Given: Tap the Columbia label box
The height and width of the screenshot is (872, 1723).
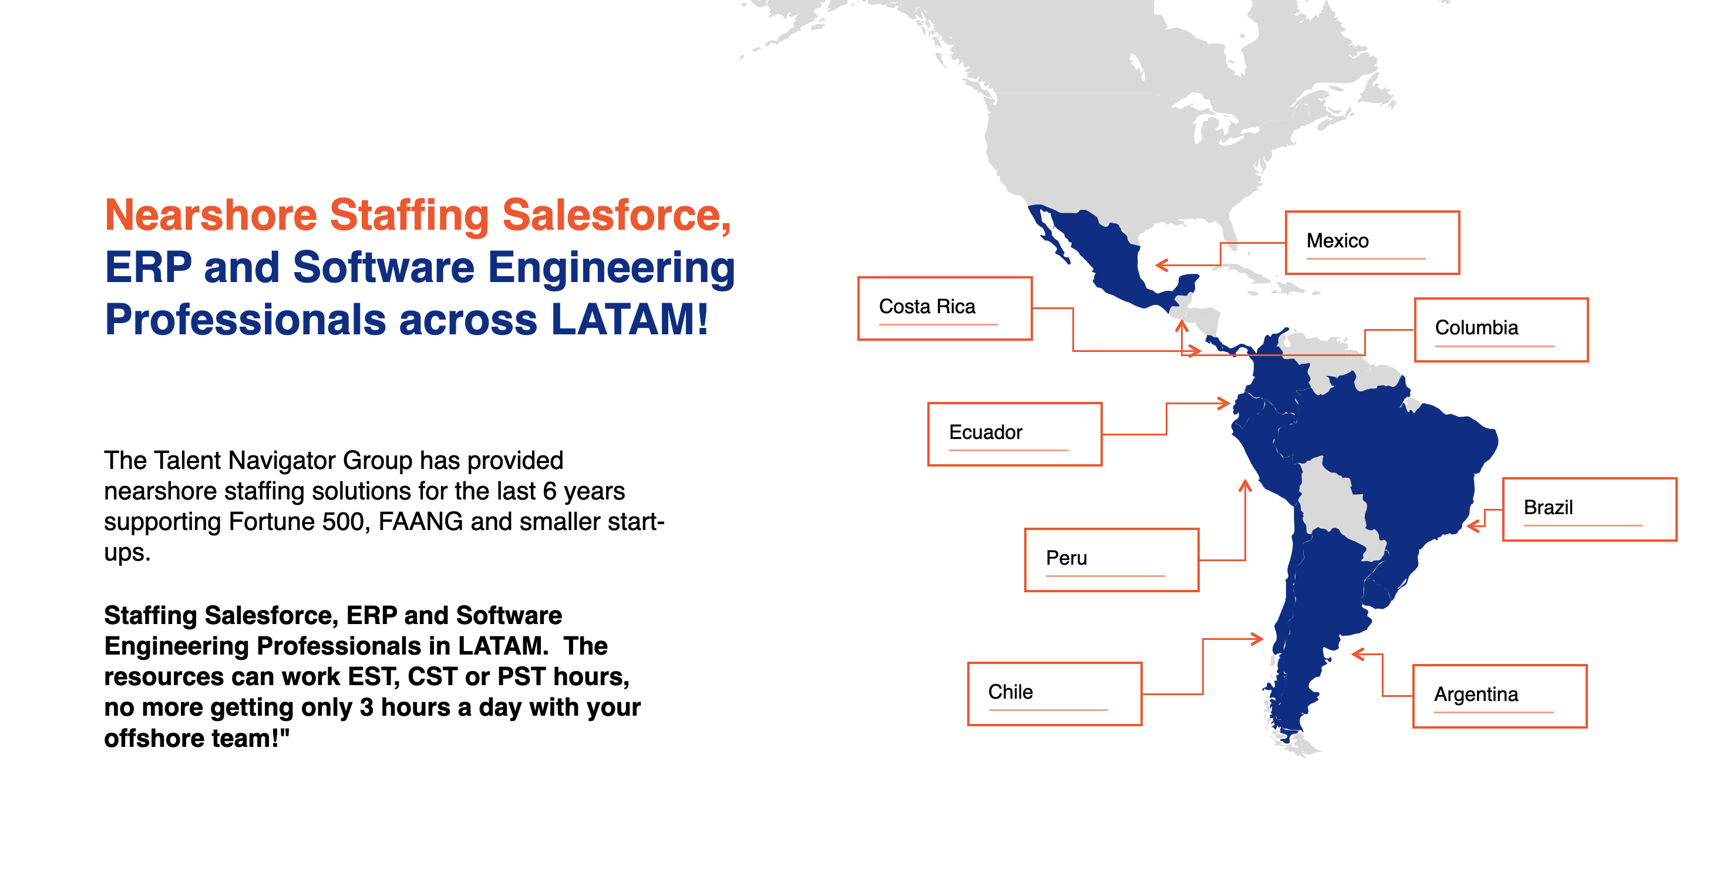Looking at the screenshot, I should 1500,329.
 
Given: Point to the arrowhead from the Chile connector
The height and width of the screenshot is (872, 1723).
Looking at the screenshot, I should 1258,639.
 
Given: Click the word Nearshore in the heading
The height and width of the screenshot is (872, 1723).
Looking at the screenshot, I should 211,216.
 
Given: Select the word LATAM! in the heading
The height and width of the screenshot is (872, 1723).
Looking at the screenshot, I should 630,320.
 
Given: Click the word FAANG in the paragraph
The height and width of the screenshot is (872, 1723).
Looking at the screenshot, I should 420,521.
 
